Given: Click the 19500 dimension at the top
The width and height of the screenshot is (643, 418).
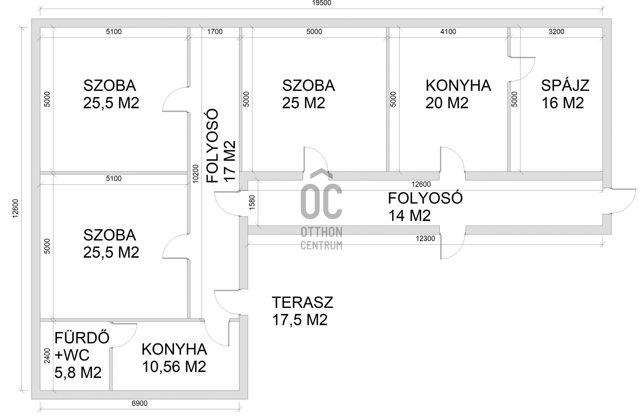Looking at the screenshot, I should (321, 3).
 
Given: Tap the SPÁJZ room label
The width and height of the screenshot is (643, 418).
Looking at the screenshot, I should (565, 86).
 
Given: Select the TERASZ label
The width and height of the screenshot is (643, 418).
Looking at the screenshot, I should (302, 303).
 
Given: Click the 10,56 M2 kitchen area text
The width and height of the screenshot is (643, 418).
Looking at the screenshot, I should (174, 367).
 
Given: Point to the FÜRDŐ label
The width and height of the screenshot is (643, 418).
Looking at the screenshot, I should (82, 338).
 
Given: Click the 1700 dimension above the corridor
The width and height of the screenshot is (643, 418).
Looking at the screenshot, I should (215, 32).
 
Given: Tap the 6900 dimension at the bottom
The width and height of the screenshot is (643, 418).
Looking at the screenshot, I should (139, 404).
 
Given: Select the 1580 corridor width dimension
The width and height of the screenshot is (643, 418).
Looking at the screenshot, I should (252, 202).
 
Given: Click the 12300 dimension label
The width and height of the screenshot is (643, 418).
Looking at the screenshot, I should (425, 239).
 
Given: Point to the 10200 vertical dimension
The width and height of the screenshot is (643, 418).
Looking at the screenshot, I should (196, 173).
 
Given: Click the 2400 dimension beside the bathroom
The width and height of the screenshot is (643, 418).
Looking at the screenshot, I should (47, 356).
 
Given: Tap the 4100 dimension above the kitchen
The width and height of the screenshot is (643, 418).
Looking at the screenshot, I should (448, 32).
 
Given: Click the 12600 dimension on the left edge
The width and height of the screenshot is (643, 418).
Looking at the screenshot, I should (15, 208).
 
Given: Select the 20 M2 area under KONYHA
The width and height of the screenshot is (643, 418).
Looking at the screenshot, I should (447, 103).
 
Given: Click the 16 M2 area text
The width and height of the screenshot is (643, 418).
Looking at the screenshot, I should (563, 103).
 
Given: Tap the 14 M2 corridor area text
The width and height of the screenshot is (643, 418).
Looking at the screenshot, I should (409, 216).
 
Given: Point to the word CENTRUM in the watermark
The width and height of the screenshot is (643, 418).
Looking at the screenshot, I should (321, 245).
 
